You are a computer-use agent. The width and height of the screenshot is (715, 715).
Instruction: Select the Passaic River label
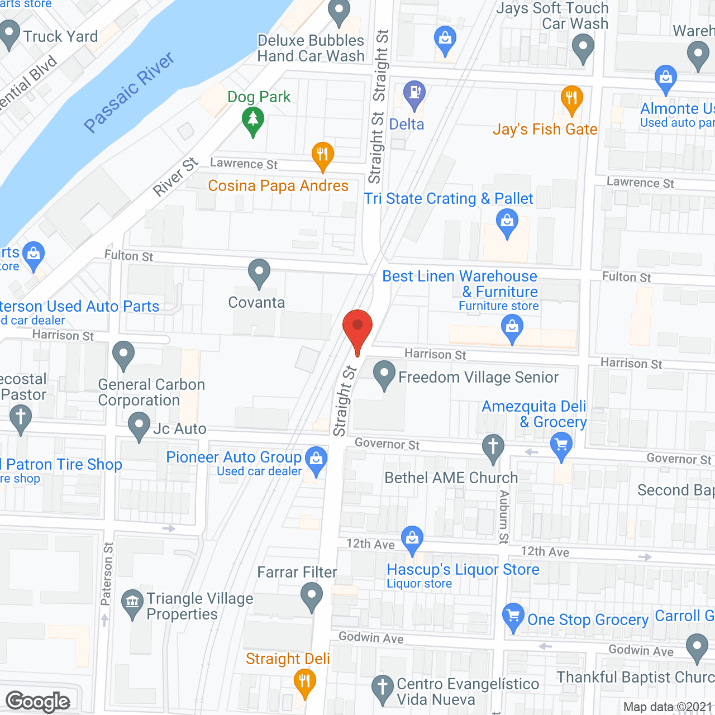pos(129,93)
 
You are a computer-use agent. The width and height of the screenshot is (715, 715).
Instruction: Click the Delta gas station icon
pos(414,94)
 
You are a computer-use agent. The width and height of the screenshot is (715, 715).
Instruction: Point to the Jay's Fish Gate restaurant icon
pos(571,100)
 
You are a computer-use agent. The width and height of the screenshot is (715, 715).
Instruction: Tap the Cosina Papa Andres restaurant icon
pos(322,155)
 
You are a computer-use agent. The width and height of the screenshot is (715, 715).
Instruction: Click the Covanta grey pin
pos(259,273)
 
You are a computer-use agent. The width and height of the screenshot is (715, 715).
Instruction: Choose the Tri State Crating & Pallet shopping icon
pos(507,222)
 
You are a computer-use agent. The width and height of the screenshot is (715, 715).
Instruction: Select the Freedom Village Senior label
pos(478,378)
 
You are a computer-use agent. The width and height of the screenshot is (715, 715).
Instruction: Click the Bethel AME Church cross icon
pos(493,447)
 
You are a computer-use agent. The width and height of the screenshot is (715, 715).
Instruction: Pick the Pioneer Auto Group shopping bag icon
pos(316,460)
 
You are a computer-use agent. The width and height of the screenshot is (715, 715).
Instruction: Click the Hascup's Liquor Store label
pos(463,570)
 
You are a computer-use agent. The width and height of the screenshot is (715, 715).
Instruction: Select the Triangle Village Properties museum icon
pos(132,603)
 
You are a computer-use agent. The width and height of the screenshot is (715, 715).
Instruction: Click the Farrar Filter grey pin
pos(311,596)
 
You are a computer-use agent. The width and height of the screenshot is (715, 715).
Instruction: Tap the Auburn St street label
pos(504,517)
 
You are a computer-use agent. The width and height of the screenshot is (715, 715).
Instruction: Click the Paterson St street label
pos(107,574)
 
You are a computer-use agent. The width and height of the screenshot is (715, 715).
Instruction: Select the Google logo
pos(38,702)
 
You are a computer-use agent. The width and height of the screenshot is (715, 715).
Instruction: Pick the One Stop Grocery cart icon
pos(513,617)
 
